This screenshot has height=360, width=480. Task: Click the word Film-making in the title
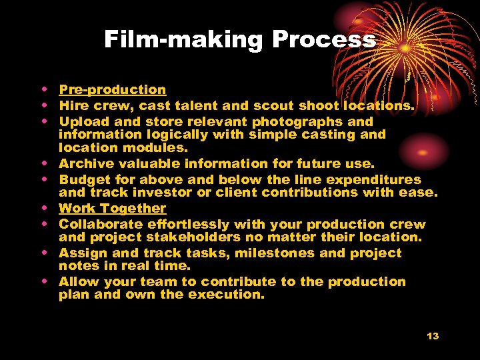183,40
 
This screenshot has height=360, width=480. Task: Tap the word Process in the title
324,40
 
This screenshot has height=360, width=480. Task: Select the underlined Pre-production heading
113,89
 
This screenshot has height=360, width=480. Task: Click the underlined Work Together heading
113,208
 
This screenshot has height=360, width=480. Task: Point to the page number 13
433,336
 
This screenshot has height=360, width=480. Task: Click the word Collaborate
100,224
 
